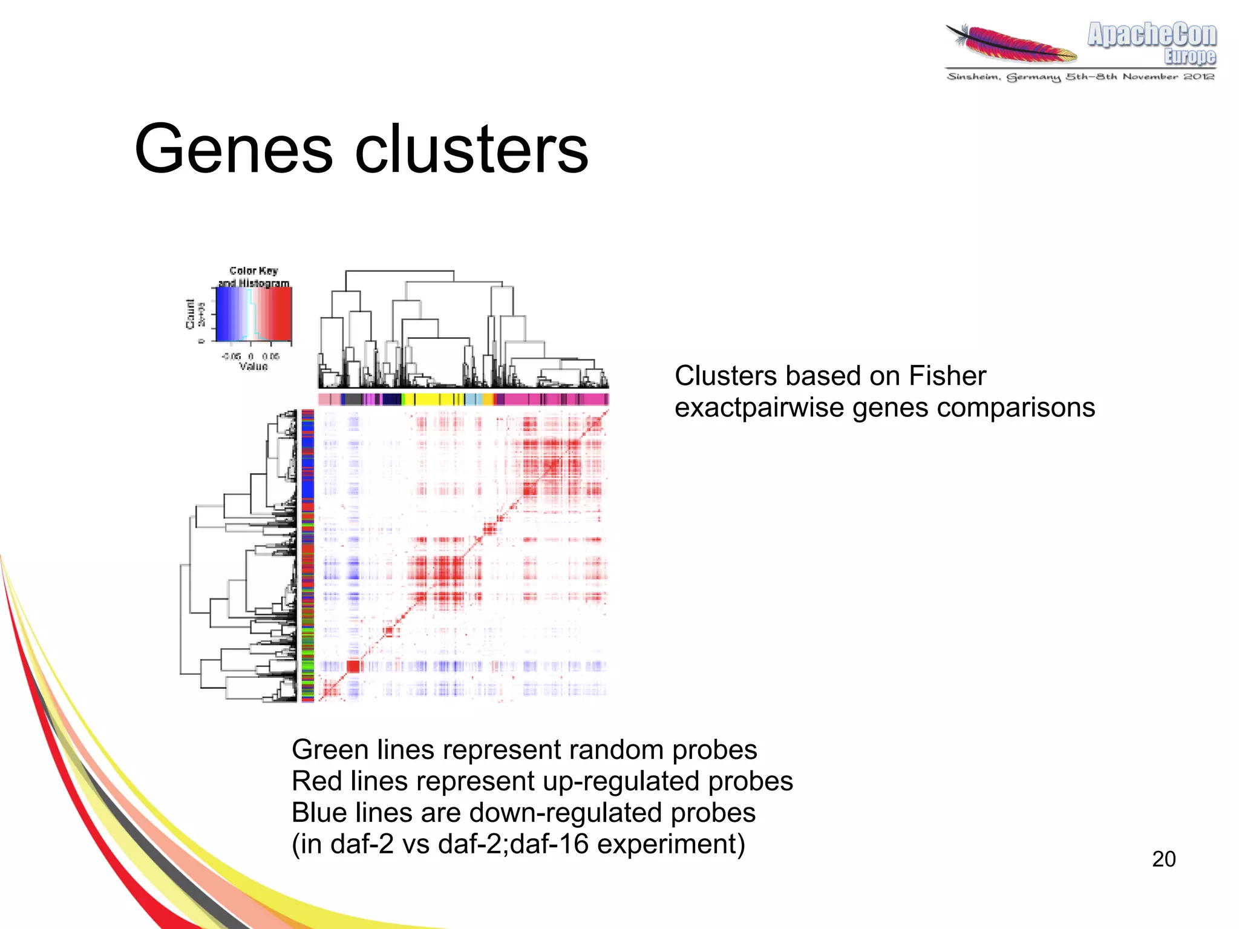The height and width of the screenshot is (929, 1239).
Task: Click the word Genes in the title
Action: [233, 149]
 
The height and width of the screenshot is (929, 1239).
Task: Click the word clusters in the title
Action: [471, 149]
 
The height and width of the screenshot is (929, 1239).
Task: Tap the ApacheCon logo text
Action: [1151, 35]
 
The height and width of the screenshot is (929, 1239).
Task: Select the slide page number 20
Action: [1163, 859]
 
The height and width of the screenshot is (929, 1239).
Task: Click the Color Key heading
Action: [253, 271]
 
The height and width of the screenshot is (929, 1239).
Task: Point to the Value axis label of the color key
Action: [253, 367]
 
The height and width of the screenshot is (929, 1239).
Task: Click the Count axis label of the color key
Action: [191, 313]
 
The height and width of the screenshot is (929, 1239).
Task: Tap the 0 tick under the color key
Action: [251, 356]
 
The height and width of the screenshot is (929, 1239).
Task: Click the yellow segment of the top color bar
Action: [427, 399]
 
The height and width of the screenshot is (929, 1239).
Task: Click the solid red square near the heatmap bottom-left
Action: [353, 666]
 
